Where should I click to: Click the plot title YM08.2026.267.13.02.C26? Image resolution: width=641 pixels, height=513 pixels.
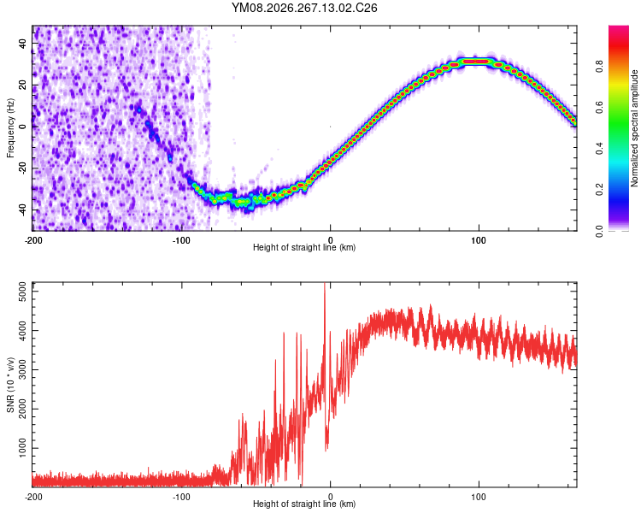click(x=304, y=8)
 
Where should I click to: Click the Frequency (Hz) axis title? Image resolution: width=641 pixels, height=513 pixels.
click(x=10, y=128)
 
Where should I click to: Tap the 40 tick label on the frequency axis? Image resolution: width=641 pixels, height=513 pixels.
click(x=22, y=44)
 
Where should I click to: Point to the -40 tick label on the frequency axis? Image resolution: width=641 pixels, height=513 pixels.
click(x=22, y=211)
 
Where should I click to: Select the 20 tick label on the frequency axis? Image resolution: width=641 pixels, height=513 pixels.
click(x=22, y=85)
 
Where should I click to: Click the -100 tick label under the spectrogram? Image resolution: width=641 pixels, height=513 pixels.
click(x=181, y=240)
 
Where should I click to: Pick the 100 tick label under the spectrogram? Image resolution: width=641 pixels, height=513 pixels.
click(x=479, y=240)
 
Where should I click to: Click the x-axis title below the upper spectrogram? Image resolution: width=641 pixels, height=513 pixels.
click(x=304, y=247)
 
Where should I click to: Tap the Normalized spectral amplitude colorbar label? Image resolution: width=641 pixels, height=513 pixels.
click(x=634, y=128)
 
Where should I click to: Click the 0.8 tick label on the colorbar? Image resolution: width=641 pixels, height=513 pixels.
click(x=599, y=66)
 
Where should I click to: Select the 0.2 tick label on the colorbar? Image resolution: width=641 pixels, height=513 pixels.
click(x=599, y=190)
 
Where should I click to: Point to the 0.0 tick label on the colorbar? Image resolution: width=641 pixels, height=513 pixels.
click(x=599, y=231)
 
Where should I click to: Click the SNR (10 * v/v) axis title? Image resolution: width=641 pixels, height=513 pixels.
click(x=10, y=385)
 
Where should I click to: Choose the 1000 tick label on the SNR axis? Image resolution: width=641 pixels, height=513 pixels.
click(x=22, y=448)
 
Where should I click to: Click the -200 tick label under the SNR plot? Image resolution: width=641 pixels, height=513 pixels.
click(x=33, y=497)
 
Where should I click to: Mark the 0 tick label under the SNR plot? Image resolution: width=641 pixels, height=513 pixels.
click(x=330, y=497)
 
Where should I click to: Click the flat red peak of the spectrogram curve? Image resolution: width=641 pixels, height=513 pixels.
click(x=476, y=62)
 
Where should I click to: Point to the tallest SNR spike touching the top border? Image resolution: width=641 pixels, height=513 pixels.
click(x=325, y=286)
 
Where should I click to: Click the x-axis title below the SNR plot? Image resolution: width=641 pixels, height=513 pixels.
click(x=304, y=504)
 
